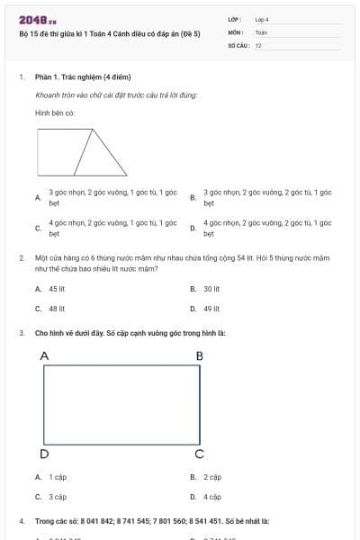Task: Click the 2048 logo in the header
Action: [38, 20]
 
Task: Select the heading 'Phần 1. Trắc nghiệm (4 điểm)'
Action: [76, 77]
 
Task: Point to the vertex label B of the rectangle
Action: [199, 356]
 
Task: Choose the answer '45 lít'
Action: [57, 289]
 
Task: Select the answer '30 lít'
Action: [211, 289]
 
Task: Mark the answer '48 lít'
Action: [57, 308]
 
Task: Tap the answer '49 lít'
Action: [211, 308]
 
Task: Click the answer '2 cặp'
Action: [212, 477]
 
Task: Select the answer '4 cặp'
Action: [212, 496]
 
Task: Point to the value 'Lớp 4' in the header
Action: [262, 19]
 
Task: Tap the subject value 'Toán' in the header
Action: [261, 32]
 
